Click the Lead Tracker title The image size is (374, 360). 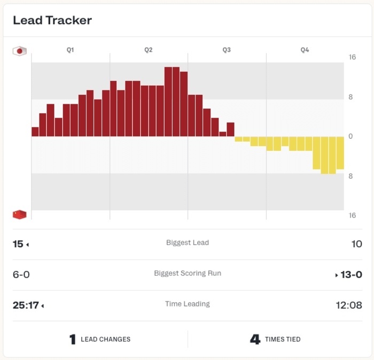[52, 20]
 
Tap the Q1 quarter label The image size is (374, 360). [70, 50]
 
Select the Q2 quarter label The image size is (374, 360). [149, 50]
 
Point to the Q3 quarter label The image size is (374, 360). [227, 50]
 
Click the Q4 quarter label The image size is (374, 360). [305, 50]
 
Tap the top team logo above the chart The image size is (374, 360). [20, 51]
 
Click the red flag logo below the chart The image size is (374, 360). [20, 215]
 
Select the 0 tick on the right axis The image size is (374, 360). [351, 136]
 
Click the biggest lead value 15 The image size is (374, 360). [18, 244]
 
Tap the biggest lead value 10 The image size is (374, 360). [356, 244]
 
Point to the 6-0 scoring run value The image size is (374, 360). [21, 274]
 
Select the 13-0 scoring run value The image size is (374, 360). [352, 274]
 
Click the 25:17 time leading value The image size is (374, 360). [26, 305]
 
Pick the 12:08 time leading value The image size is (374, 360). [348, 305]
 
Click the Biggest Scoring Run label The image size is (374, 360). [188, 273]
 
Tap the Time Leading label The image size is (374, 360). [188, 304]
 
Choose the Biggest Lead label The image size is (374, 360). [188, 243]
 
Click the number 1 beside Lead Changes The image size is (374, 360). [73, 340]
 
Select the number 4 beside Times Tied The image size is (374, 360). [255, 340]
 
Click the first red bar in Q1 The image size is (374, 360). [35, 132]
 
